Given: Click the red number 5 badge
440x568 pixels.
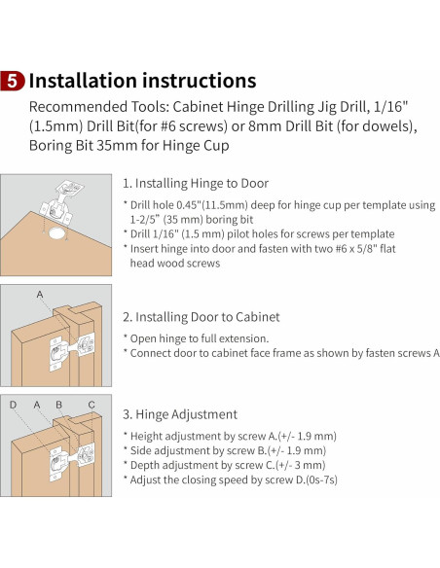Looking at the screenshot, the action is (13, 81).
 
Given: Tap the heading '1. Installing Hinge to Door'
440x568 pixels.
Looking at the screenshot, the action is (196, 183).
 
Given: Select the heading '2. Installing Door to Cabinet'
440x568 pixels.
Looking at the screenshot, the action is (202, 317).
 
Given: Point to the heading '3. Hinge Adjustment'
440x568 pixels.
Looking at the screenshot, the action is (180, 414).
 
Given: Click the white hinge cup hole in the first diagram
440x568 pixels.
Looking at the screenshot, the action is (56, 233).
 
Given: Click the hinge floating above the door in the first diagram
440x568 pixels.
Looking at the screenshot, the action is (61, 202).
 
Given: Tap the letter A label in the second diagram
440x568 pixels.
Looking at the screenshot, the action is (40, 294).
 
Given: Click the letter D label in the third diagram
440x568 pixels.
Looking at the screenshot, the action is (13, 405).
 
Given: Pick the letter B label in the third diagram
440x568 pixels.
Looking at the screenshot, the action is (58, 405).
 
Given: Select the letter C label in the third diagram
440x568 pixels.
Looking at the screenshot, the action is (92, 405).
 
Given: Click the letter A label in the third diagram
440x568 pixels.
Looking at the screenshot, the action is (37, 405).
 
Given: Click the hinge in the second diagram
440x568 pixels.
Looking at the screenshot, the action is (72, 351).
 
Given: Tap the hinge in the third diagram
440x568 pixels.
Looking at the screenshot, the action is (72, 461).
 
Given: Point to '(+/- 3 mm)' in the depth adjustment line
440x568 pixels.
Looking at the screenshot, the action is (300, 465).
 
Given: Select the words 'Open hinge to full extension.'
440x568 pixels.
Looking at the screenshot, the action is (200, 338).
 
